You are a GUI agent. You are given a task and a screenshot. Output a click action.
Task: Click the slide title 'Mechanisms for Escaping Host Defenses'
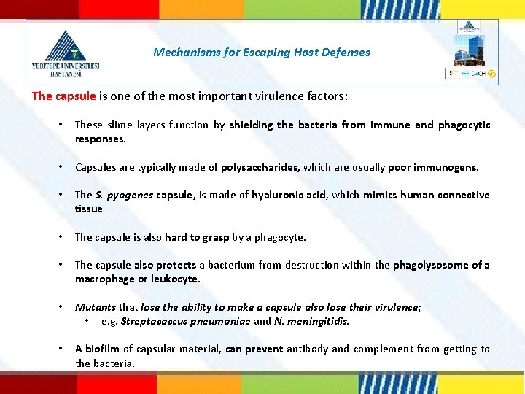pos(262,53)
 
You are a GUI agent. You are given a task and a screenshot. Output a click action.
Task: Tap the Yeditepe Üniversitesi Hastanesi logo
pos(66,53)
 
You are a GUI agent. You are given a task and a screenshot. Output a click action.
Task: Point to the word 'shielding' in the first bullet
pos(252,125)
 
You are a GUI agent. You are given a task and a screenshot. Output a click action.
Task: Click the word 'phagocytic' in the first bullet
pos(464,125)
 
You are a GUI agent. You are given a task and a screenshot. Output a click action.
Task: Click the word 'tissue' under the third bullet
pos(89,209)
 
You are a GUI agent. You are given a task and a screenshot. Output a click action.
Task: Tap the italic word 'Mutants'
pos(96,307)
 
